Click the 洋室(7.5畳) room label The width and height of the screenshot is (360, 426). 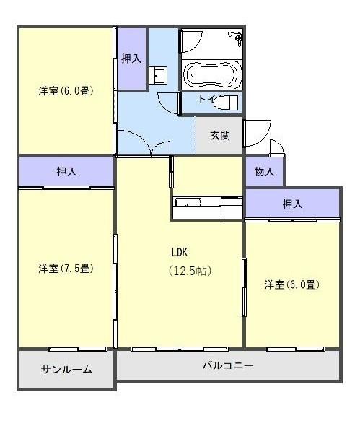click(x=66, y=269)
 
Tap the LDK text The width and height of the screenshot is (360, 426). click(x=180, y=252)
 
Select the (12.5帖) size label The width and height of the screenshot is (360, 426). click(x=190, y=271)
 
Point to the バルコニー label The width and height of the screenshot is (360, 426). click(x=227, y=365)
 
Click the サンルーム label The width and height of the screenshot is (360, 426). click(x=66, y=369)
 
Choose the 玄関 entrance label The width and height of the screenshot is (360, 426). click(x=220, y=135)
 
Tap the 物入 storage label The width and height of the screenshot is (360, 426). click(x=264, y=172)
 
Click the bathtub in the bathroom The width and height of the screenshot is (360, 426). click(x=211, y=74)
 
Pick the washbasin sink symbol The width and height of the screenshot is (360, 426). click(x=159, y=74)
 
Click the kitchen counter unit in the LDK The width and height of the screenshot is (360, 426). click(x=207, y=207)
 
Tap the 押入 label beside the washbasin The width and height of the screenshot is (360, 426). click(x=131, y=58)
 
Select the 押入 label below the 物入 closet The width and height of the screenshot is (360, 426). click(x=292, y=204)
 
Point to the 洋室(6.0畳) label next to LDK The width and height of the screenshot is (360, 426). click(x=291, y=284)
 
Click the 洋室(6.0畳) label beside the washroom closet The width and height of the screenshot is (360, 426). click(x=66, y=91)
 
